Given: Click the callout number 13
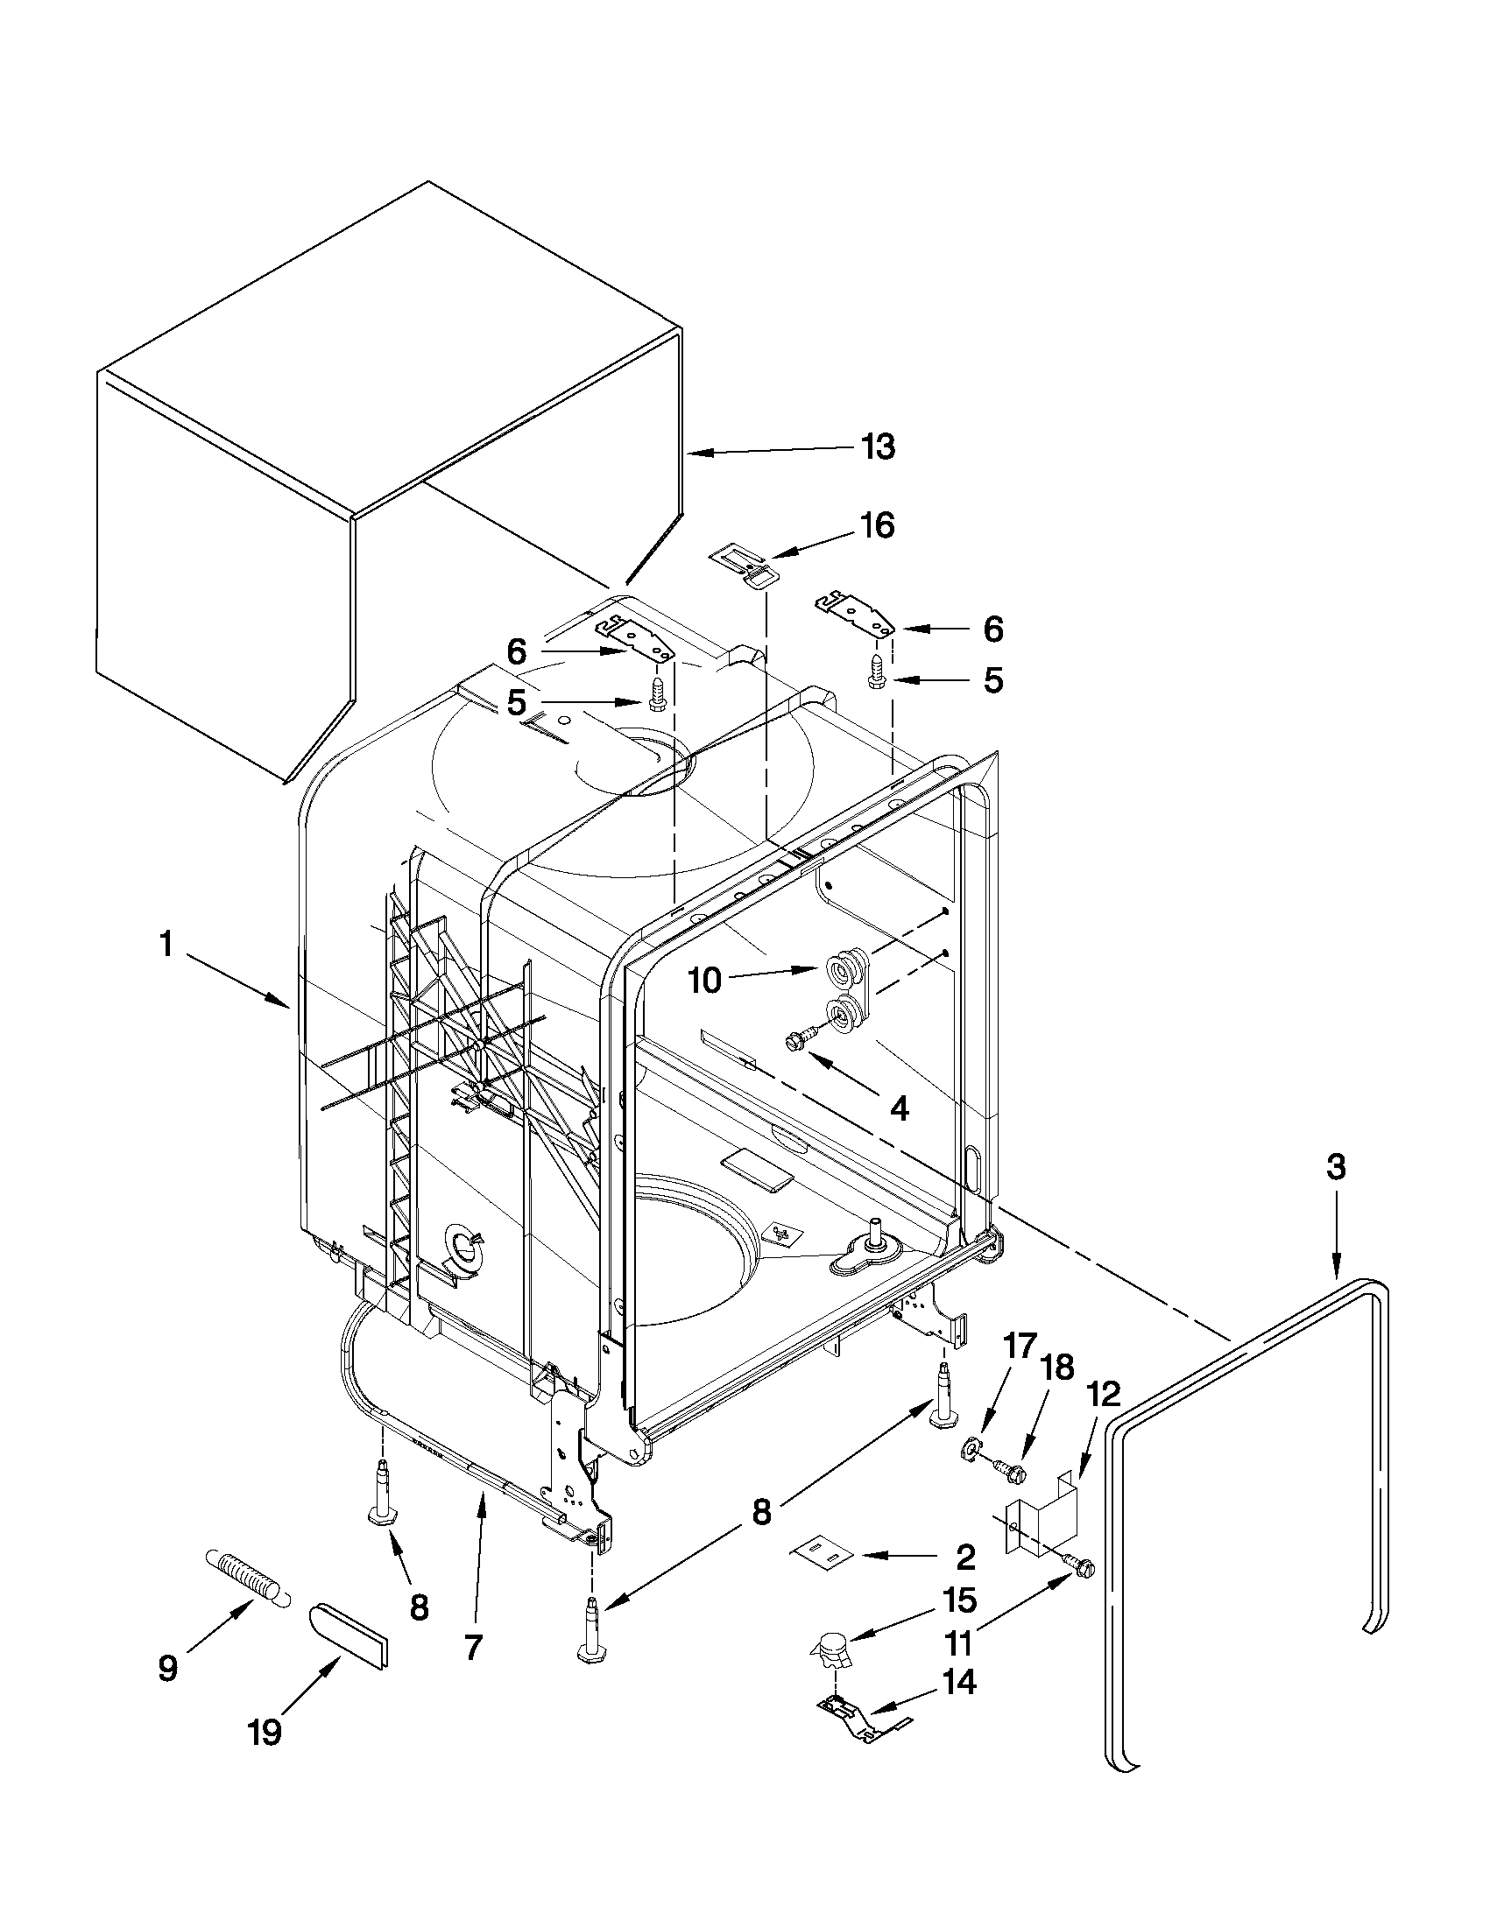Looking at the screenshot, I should pyautogui.click(x=878, y=447).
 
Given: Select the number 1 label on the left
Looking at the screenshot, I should pyautogui.click(x=166, y=945).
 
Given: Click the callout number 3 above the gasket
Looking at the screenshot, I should pyautogui.click(x=1336, y=1167).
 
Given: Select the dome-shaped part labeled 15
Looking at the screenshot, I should pyautogui.click(x=830, y=1649).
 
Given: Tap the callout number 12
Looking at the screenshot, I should pyautogui.click(x=1104, y=1394).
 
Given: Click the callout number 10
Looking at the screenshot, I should pyautogui.click(x=705, y=981).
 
